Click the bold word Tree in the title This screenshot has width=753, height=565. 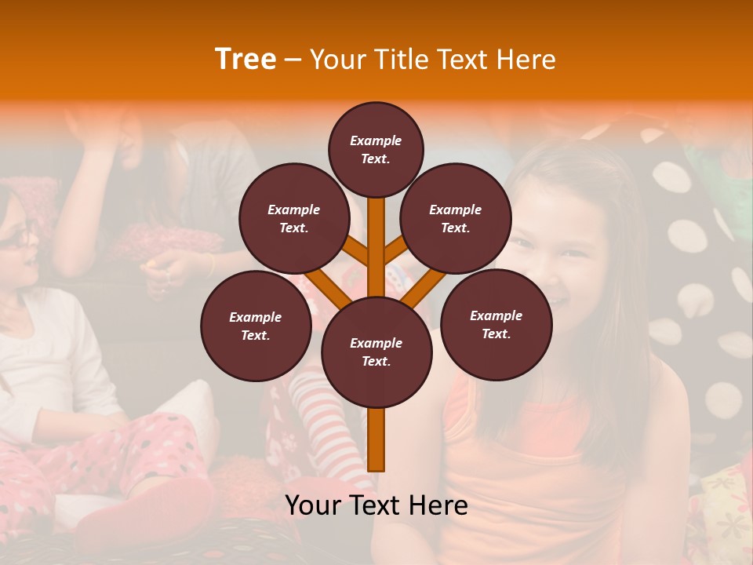coord(246,59)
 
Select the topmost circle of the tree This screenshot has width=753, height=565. coord(376,149)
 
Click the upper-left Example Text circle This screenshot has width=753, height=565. coord(293,218)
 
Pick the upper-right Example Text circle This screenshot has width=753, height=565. coord(456,218)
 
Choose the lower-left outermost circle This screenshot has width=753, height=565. coord(255,326)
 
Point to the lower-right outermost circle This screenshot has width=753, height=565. coord(496,324)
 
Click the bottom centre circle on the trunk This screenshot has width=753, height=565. coord(376,352)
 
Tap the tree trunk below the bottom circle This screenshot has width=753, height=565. coord(376,439)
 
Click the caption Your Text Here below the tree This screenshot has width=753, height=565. coord(376,505)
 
